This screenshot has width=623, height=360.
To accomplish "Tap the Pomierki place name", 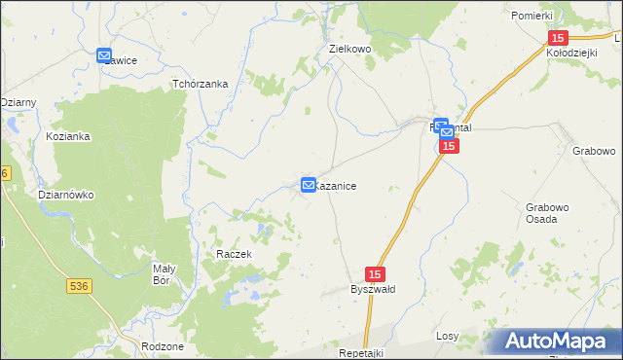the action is tap(532, 17).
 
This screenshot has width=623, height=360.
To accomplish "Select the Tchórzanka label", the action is tap(200, 84).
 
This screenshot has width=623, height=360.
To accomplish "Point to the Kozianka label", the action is tap(67, 136).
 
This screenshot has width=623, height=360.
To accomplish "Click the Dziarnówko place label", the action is tap(65, 195).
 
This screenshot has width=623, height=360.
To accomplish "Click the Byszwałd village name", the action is tap(373, 290).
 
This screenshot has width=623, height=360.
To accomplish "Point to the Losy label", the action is tap(447, 336).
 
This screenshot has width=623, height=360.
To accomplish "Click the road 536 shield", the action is tap(80, 286).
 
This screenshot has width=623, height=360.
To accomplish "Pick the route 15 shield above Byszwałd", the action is tap(377, 274).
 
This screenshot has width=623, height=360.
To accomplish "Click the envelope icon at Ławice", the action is tap(104, 56).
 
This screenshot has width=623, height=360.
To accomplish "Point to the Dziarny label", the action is tap(18, 102).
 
